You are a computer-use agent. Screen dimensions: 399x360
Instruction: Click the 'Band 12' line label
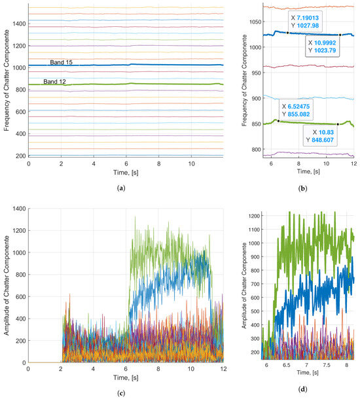(x=56, y=81)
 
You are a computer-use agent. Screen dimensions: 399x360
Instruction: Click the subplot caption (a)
(x=125, y=185)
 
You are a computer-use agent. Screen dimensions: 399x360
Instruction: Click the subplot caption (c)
(x=125, y=392)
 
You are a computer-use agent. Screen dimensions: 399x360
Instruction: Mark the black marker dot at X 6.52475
(x=278, y=120)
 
